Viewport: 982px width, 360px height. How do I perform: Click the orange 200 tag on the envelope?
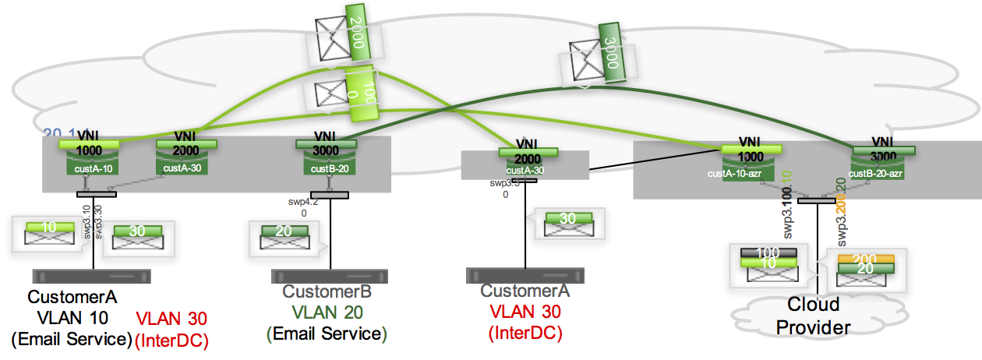click(865, 259)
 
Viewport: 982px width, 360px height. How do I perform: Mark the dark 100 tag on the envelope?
click(768, 253)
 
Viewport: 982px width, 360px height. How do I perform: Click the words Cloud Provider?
click(813, 315)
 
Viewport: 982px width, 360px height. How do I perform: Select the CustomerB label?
click(327, 292)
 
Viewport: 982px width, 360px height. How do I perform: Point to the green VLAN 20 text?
click(327, 312)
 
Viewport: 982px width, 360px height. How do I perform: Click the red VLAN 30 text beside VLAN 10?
click(172, 319)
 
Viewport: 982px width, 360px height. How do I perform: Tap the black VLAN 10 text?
click(72, 317)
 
